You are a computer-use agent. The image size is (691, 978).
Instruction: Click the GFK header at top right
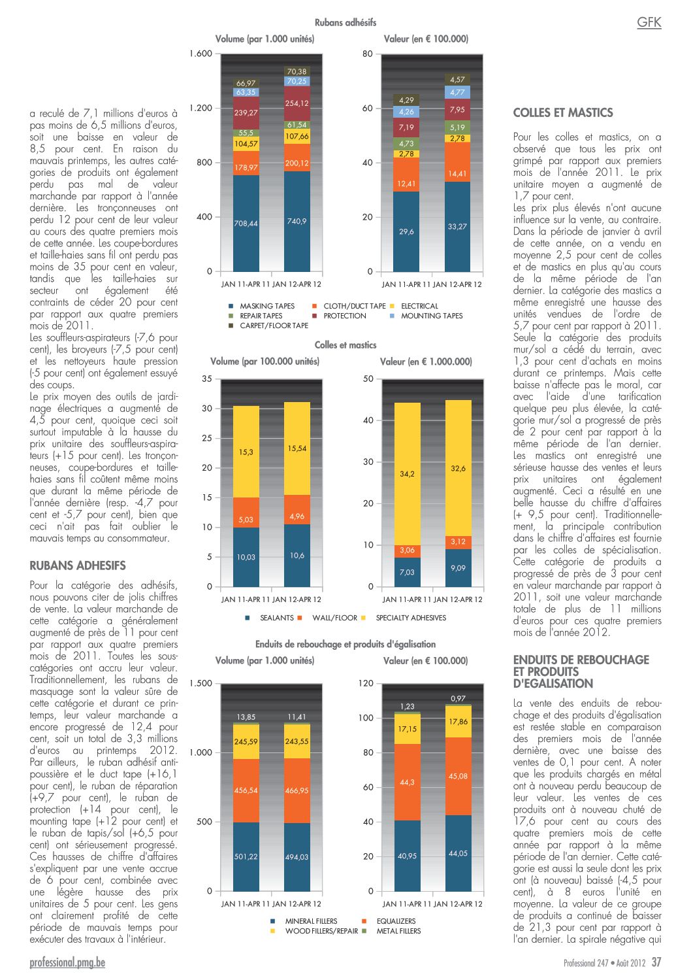649,22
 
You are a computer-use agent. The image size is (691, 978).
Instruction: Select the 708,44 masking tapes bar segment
246,223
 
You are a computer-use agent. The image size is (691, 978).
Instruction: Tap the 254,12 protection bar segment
297,103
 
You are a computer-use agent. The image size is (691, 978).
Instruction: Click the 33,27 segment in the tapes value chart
457,226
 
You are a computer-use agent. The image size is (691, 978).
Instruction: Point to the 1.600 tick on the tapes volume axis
201,54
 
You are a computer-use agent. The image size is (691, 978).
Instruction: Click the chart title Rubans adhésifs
345,22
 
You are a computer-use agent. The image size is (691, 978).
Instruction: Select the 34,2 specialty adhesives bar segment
407,474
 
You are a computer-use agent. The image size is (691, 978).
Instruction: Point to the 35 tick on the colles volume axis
207,379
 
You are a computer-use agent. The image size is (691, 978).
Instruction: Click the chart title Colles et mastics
345,345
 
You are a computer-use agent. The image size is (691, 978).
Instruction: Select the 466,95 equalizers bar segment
297,790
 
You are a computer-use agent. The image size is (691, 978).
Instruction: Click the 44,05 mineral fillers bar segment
458,852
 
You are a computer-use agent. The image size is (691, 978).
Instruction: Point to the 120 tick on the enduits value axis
366,683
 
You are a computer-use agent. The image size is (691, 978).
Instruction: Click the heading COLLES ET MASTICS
563,112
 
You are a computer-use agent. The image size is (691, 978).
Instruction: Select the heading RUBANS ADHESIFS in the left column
78,565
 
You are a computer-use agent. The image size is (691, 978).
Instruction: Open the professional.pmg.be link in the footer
67,963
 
